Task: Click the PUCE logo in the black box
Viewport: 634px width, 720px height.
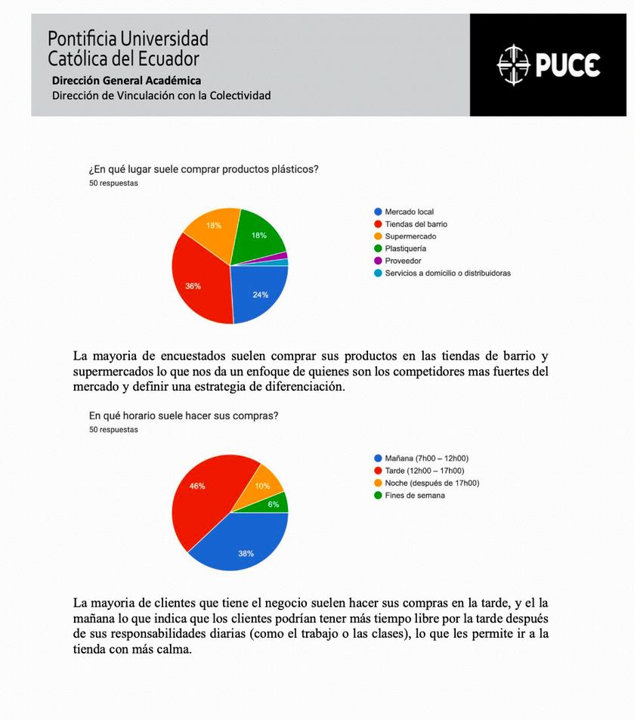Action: tap(548, 65)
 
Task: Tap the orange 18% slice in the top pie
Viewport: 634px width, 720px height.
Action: tap(212, 227)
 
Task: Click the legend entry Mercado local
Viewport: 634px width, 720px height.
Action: tap(409, 212)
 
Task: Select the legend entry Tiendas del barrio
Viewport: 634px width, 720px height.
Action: tap(416, 224)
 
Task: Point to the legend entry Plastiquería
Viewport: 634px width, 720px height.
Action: tap(405, 249)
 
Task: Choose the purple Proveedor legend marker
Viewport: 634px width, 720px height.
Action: tap(378, 261)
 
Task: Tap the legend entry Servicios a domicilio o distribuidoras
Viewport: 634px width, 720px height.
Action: tap(447, 273)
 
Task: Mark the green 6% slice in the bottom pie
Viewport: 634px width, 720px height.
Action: tap(277, 503)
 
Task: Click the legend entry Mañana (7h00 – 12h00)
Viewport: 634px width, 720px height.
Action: tap(426, 459)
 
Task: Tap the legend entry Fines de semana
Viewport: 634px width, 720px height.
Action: tap(414, 496)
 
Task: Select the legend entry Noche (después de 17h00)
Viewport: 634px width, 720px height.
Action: tap(431, 484)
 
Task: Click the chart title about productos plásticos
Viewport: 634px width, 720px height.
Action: tap(203, 169)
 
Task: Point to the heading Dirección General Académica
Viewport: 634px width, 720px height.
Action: tap(126, 81)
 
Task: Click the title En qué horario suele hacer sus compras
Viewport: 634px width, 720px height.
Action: tap(183, 416)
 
